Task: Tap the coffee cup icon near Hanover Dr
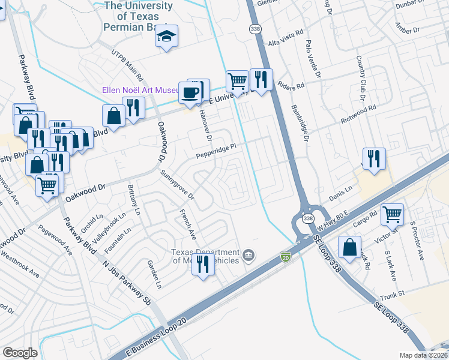[x=191, y=92]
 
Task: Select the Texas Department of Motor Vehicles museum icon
[x=248, y=257]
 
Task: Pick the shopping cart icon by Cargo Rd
[x=392, y=214]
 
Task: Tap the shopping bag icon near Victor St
[x=349, y=247]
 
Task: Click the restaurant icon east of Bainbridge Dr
[x=374, y=158]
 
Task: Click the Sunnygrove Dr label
[x=178, y=184]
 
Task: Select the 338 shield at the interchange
[x=307, y=218]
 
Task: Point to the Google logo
[x=20, y=353]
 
